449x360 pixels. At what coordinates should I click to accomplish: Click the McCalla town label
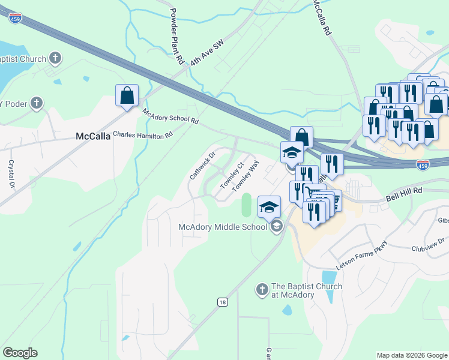[x=93, y=136]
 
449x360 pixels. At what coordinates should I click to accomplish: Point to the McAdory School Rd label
[x=170, y=116]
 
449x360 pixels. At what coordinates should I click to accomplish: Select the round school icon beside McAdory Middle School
[x=276, y=226]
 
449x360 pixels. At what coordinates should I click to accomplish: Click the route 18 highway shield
[x=223, y=303]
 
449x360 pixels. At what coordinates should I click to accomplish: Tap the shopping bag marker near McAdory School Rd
[x=127, y=95]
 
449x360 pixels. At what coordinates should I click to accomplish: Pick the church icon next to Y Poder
[x=36, y=103]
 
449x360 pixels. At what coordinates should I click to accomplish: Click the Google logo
[x=20, y=353]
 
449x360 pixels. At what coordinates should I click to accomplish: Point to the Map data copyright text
[x=412, y=355]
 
